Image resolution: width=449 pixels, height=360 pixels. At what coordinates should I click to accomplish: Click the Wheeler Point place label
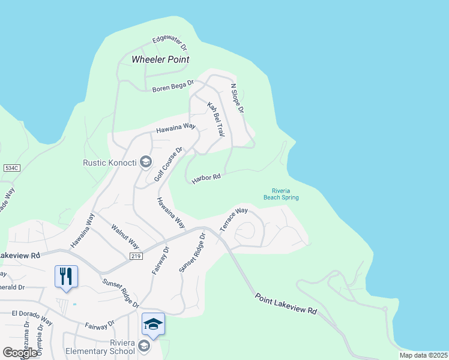[x=160, y=59]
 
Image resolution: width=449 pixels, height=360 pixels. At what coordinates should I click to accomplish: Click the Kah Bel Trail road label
[x=215, y=119]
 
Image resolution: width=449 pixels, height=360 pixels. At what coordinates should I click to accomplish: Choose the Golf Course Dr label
[x=168, y=164]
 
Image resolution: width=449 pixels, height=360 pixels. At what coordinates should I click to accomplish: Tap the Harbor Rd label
[x=206, y=178]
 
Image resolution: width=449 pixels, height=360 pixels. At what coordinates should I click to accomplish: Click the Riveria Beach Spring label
[x=281, y=194]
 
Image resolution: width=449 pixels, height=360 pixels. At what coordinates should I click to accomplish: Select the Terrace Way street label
[x=234, y=220]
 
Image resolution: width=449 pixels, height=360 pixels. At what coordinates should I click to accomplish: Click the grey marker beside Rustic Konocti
[x=145, y=162]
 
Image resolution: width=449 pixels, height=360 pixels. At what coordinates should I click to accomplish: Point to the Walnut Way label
[x=125, y=236]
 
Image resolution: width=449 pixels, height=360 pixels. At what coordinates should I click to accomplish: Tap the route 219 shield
[x=137, y=256]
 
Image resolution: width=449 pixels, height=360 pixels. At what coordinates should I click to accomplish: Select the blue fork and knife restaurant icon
[x=66, y=276]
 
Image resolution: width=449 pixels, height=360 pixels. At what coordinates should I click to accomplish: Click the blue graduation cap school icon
[x=153, y=324]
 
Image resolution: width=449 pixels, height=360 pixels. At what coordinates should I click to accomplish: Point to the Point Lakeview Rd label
[x=286, y=304]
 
